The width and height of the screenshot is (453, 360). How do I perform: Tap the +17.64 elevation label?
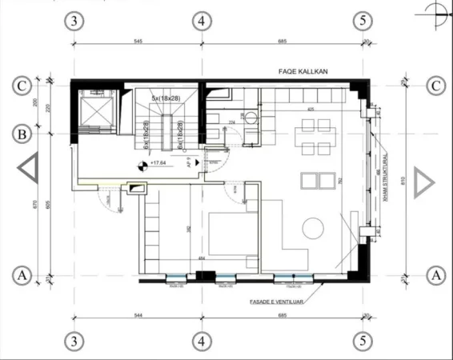[155, 163]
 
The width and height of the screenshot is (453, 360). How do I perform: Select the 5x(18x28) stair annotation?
[165, 98]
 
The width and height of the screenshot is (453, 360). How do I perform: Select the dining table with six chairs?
[312, 136]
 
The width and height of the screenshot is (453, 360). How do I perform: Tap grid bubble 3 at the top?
[74, 21]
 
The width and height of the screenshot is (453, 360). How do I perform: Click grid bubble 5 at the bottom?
[363, 339]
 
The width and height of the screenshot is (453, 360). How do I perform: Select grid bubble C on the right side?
[436, 84]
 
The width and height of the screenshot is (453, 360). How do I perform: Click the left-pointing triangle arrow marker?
[28, 170]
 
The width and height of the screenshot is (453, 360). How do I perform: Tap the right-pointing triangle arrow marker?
[423, 182]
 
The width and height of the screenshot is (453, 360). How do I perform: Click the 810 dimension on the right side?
[407, 181]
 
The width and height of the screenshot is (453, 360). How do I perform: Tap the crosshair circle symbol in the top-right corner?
[435, 10]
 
